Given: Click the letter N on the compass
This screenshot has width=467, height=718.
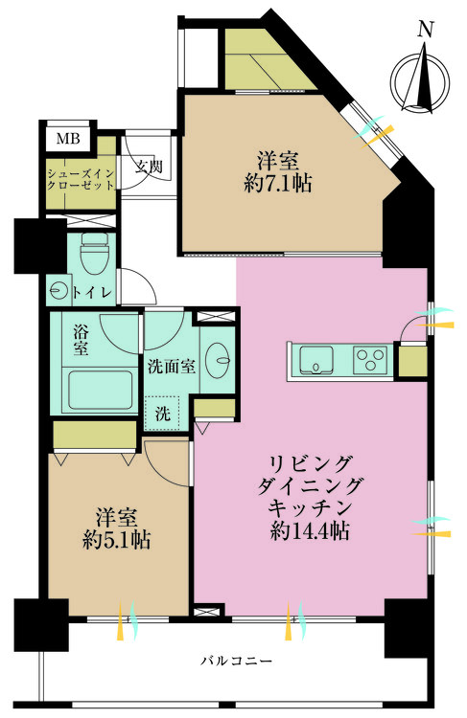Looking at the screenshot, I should pos(424,29).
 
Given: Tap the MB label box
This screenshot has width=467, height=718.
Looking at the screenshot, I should pos(68,140).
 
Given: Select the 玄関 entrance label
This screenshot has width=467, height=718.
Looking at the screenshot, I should pos(149,167).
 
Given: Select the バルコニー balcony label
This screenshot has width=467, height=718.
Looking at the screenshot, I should pos(237,662).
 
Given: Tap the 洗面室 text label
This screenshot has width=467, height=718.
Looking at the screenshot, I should pos(172,365).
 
